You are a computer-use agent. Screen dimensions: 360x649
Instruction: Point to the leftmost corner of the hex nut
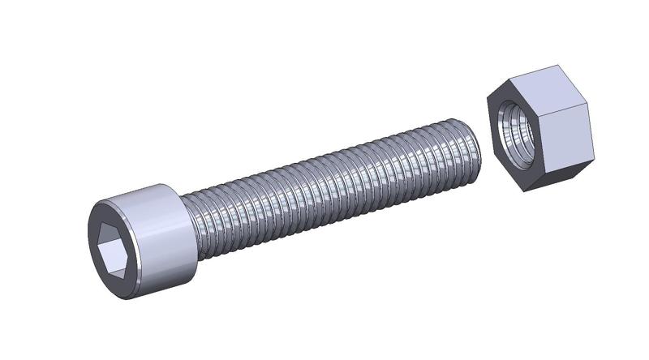point(488,97)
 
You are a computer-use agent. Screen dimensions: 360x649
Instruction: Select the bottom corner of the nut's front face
point(519,191)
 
